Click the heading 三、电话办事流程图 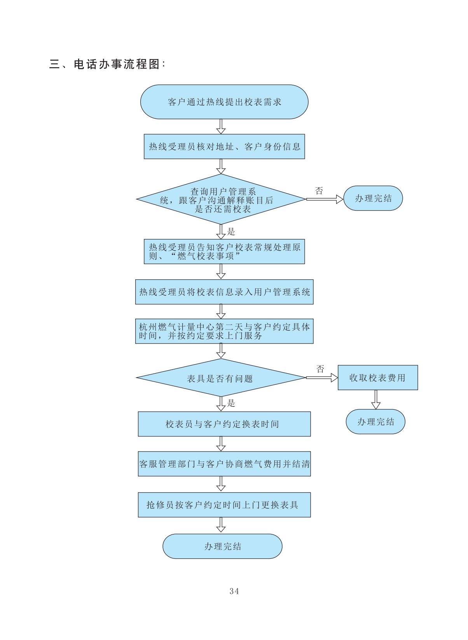(107, 64)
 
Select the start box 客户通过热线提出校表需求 (224, 102)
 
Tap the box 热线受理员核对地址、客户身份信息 (224, 146)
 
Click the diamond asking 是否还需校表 (221, 199)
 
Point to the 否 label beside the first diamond (319, 191)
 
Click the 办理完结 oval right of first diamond (373, 198)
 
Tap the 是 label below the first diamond (231, 232)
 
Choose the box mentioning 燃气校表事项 (224, 251)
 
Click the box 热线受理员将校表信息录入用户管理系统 (224, 292)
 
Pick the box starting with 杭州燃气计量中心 (224, 331)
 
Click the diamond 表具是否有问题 (221, 378)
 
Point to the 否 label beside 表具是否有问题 (320, 369)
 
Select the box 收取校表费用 (378, 377)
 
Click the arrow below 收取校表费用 (376, 399)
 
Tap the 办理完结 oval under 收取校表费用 (375, 422)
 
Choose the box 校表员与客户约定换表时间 (224, 424)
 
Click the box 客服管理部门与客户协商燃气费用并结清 (224, 464)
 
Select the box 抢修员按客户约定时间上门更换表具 (224, 505)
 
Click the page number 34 (234, 591)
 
